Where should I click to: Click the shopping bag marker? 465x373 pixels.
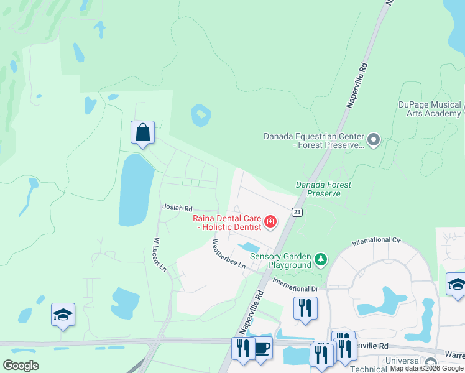pyautogui.click(x=143, y=133)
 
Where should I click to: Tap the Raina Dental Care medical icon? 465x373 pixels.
pyautogui.click(x=270, y=221)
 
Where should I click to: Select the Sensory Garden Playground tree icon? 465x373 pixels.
pyautogui.click(x=320, y=259)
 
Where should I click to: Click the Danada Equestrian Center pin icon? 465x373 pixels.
pyautogui.click(x=374, y=140)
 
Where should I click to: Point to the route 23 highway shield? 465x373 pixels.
pyautogui.click(x=297, y=212)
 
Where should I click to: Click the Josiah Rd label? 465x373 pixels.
pyautogui.click(x=177, y=208)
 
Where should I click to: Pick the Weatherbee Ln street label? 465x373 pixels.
pyautogui.click(x=229, y=254)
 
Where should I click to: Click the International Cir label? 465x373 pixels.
pyautogui.click(x=376, y=240)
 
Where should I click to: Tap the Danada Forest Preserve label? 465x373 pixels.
pyautogui.click(x=323, y=189)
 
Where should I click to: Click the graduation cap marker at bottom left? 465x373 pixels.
pyautogui.click(x=63, y=315)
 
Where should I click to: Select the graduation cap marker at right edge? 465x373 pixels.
pyautogui.click(x=456, y=284)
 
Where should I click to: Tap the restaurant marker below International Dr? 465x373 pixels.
pyautogui.click(x=305, y=308)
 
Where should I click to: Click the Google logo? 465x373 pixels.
pyautogui.click(x=21, y=366)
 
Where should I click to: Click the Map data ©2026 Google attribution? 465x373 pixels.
pyautogui.click(x=427, y=369)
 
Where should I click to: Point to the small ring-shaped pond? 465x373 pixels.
pyautogui.click(x=201, y=114)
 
